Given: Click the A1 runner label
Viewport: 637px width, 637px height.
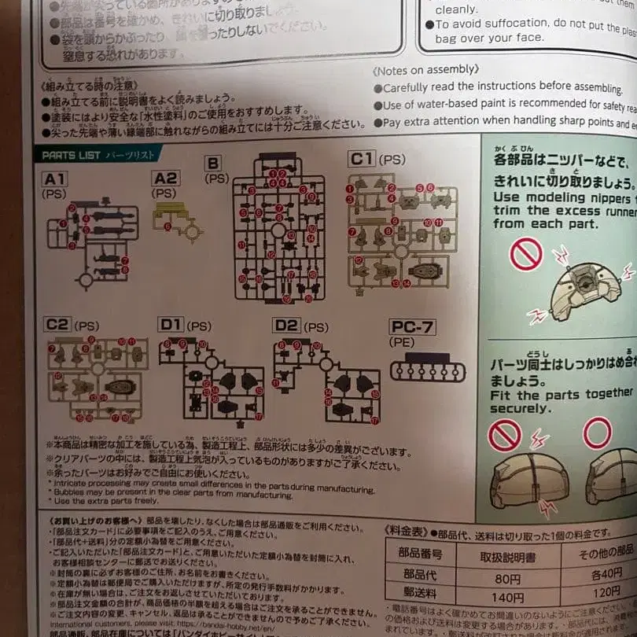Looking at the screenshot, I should coord(55,179).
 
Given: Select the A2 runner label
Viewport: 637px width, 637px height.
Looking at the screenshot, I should coord(166,179).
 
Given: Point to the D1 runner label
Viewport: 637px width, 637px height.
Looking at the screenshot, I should coord(171,325).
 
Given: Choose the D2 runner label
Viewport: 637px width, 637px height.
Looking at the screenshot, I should coord(287,326).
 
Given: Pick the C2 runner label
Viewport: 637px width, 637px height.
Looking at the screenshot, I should coord(57,325).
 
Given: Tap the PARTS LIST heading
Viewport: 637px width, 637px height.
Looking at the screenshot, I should coord(72,156).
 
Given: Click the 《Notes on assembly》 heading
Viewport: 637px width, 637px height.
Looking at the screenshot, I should coord(425,71).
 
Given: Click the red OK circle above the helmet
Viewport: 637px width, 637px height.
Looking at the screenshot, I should coord(597,433).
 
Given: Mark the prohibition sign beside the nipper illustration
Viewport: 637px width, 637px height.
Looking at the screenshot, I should coord(526,255).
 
